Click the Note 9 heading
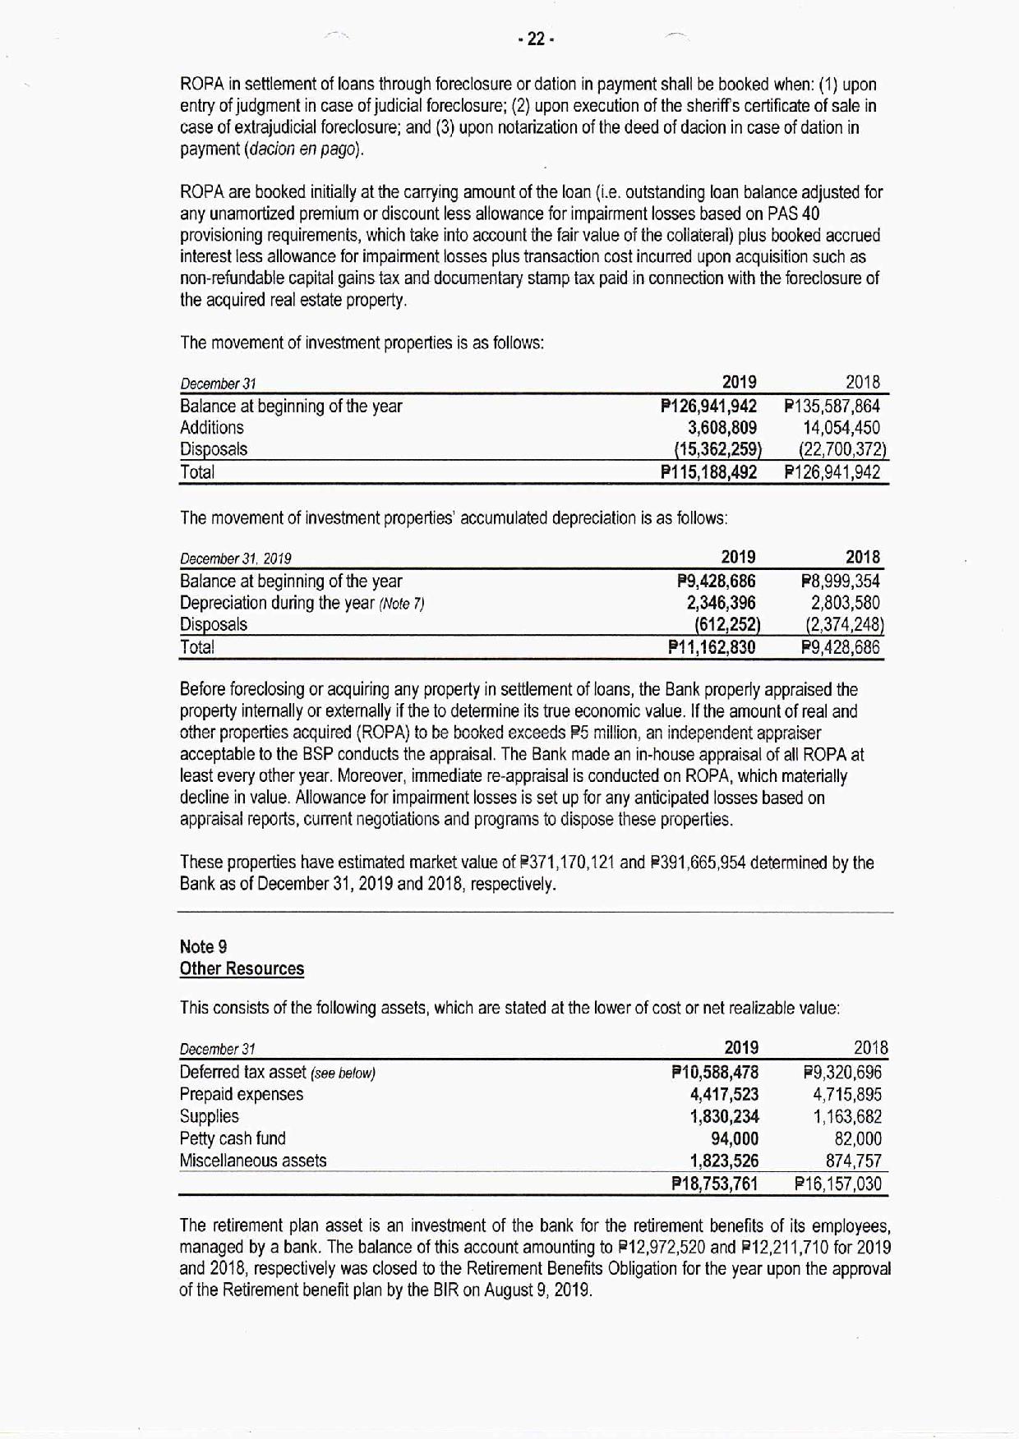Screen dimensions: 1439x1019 click(x=197, y=947)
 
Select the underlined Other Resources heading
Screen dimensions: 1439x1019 click(x=242, y=969)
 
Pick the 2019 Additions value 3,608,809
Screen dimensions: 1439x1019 click(x=722, y=428)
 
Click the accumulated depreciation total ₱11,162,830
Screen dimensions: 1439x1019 click(x=712, y=647)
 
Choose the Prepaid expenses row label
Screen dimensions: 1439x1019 click(x=241, y=1095)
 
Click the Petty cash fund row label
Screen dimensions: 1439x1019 click(x=233, y=1139)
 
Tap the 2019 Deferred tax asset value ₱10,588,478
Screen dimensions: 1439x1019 click(x=715, y=1073)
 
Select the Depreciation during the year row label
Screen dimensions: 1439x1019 click(x=302, y=604)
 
